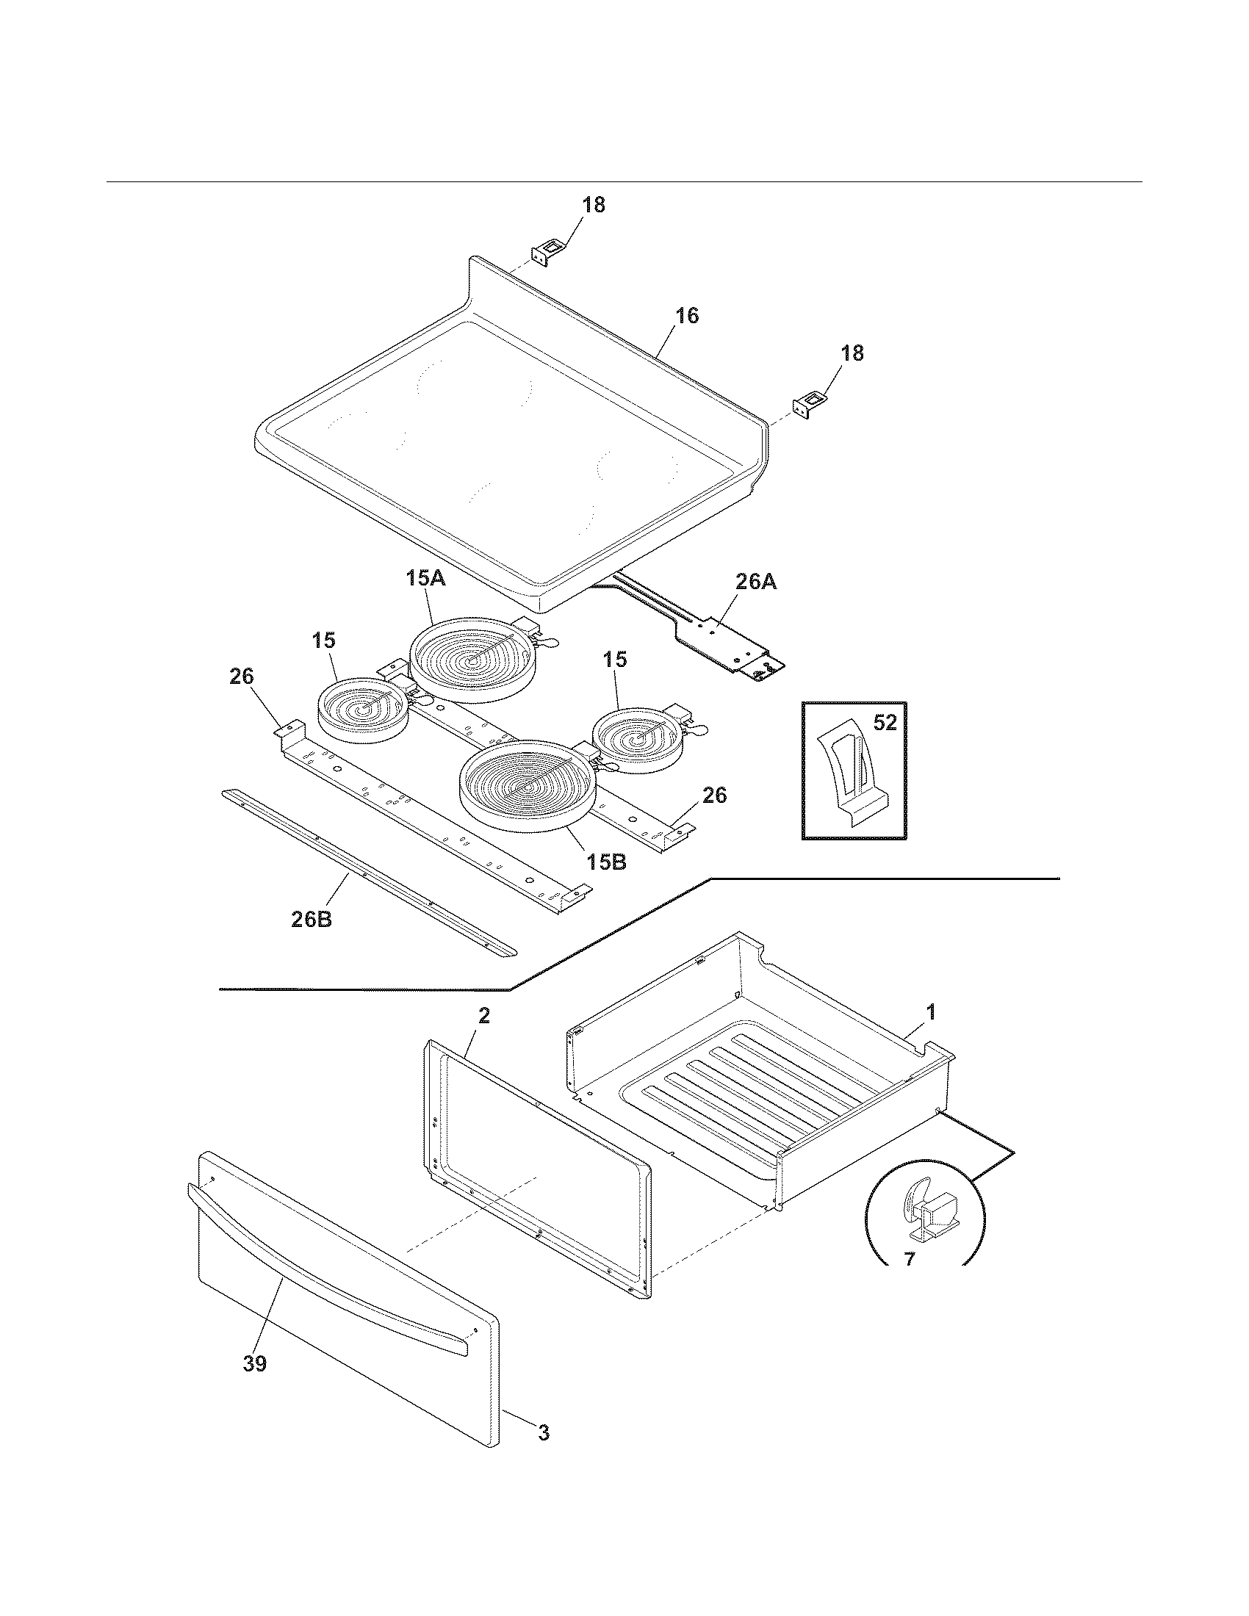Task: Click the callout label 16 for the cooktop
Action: (x=686, y=316)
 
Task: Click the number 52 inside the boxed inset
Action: (x=885, y=723)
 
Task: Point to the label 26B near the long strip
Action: (x=311, y=920)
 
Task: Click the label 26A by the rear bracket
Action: (x=755, y=582)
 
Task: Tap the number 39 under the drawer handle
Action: (x=254, y=1363)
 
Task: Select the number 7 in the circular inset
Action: (x=910, y=1258)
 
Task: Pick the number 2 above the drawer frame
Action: (x=483, y=1016)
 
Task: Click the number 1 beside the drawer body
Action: (x=931, y=1011)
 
